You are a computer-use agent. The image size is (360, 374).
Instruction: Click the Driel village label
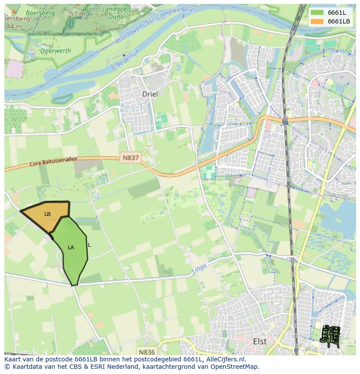150,94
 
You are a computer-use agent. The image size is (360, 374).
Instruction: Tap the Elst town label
260,341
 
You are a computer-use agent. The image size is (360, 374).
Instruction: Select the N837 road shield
130,158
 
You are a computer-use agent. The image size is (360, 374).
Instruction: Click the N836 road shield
146,352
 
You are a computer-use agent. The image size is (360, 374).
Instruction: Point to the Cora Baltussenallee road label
53,162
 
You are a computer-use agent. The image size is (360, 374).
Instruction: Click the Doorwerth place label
55,51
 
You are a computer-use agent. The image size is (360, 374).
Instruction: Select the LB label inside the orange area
47,214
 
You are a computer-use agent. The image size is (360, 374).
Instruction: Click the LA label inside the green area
71,248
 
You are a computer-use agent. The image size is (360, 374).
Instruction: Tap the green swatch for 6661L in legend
317,13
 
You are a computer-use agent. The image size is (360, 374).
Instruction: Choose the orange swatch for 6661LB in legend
317,21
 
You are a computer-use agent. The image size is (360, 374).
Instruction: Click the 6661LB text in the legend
339,21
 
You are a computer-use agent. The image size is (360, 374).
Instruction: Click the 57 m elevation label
77,13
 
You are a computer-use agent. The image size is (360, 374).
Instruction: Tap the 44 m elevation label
14,26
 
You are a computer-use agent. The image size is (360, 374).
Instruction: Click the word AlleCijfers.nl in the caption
226,359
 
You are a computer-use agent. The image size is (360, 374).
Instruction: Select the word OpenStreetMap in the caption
235,367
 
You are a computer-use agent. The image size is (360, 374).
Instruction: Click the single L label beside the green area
89,245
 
